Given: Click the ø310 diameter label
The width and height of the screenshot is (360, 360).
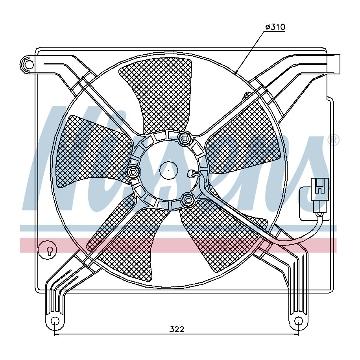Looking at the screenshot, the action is click(x=275, y=27).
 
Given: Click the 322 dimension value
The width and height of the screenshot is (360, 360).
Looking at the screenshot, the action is click(x=177, y=329).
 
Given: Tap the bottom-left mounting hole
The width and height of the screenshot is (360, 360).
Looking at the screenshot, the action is click(x=55, y=321).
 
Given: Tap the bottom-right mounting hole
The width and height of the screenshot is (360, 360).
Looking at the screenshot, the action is click(x=298, y=321).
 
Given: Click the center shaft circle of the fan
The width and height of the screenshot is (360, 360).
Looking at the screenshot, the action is click(x=169, y=171).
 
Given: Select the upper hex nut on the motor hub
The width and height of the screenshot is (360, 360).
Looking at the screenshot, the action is click(x=185, y=138).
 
